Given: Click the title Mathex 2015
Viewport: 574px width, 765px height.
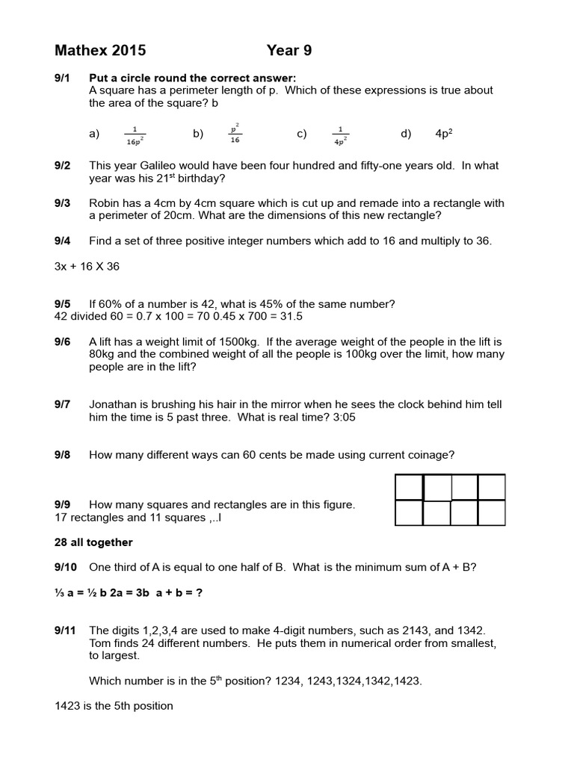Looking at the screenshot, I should point(100,51).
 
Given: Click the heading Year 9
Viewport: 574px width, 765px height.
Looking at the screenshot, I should point(289,51).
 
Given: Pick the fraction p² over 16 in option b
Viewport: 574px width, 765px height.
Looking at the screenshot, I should point(235,133).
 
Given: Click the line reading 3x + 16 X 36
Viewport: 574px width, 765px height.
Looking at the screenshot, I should point(87,267).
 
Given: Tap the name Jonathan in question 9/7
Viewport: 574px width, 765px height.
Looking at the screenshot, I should point(115,404).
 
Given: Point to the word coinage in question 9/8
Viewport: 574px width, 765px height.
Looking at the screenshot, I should point(430,454).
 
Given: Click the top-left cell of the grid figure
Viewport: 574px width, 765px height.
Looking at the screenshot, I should point(409,488).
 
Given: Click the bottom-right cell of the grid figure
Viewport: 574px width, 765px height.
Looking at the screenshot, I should point(492,513).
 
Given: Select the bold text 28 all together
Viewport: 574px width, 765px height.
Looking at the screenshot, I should point(94,542).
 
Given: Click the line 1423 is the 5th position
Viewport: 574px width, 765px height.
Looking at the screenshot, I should point(114,705).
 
